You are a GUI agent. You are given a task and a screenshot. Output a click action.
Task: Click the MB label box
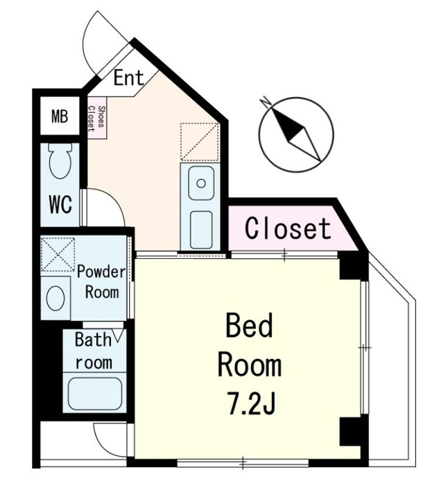[60, 116]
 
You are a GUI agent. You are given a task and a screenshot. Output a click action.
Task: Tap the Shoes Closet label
[96, 117]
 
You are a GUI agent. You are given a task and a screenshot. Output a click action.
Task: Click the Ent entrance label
[128, 78]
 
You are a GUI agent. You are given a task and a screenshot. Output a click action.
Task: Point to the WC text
[60, 204]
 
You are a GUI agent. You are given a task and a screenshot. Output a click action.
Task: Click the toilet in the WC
[60, 160]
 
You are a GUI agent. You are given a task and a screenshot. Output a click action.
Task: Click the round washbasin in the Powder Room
[55, 298]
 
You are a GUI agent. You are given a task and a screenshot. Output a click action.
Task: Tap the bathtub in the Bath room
[95, 394]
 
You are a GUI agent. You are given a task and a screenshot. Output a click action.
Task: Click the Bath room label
[94, 351]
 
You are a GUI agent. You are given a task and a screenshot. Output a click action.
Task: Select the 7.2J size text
[250, 403]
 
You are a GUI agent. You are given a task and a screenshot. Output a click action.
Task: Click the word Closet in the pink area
[288, 228]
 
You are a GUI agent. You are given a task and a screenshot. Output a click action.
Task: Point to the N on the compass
[265, 101]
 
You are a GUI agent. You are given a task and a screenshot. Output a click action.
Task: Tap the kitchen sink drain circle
[201, 183]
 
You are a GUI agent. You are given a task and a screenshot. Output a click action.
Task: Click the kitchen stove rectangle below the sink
[201, 230]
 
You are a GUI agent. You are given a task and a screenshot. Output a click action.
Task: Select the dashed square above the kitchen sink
[200, 142]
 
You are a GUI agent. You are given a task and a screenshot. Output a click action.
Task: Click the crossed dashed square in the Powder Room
[58, 254]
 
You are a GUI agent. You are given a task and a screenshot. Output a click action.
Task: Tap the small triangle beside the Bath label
[119, 335]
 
